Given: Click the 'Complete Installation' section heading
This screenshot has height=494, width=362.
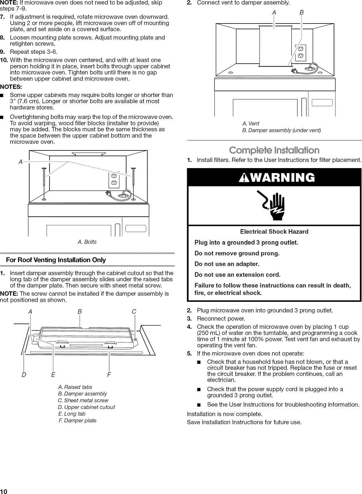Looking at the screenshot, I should [x=274, y=150].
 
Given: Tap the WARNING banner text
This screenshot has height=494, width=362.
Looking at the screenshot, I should [x=274, y=178].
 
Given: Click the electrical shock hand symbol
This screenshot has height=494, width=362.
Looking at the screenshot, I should [x=274, y=205].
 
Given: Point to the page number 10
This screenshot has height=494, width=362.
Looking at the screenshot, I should [x=4, y=491].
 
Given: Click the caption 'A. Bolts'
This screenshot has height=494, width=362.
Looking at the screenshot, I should [x=87, y=242].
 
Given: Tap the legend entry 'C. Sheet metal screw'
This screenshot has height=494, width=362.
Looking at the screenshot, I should [x=83, y=400].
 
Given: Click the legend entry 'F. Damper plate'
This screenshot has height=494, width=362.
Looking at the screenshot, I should [x=77, y=420].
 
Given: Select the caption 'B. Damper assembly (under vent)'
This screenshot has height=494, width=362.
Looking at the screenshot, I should [x=281, y=130].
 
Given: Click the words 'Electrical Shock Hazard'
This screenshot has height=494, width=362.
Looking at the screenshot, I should [x=274, y=231].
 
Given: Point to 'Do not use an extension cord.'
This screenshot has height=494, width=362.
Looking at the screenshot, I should [x=238, y=274].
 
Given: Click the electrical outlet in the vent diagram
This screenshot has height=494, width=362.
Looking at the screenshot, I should [x=301, y=52].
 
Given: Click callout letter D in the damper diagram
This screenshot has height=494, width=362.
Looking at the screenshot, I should [x=23, y=375].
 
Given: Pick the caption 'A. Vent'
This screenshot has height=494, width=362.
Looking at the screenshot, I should [x=250, y=123].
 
